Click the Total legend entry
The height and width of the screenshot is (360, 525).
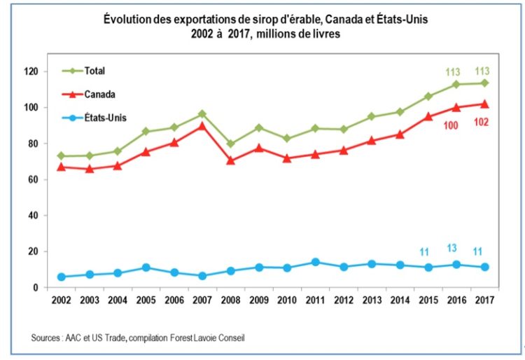[x=94, y=71]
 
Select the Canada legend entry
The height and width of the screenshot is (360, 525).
[x=99, y=93]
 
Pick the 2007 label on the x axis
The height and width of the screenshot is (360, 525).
[x=203, y=300]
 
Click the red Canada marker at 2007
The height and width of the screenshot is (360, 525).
[x=203, y=125]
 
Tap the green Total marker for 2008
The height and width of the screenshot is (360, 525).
[x=230, y=144]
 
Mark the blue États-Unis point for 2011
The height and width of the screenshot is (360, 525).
[x=316, y=262]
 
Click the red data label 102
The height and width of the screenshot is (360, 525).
[x=482, y=123]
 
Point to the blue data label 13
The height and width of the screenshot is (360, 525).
[x=453, y=248]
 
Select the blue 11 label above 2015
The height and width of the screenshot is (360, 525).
[x=424, y=251]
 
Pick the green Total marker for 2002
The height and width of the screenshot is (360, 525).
[x=62, y=155]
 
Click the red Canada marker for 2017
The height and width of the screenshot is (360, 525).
[x=484, y=104]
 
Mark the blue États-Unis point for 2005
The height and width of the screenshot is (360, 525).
[x=146, y=268]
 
